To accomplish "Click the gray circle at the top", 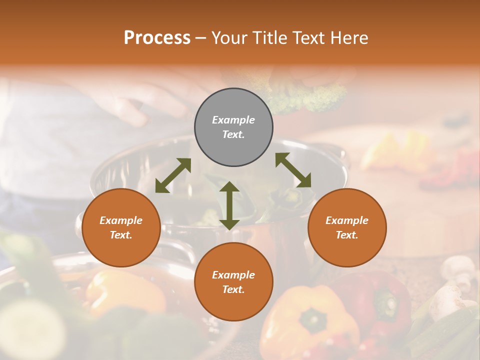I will (x=233, y=127).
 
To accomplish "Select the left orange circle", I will (x=121, y=228).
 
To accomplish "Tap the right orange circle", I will (x=347, y=228).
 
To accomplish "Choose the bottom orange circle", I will (x=233, y=282).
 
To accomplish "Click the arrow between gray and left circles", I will (x=173, y=175).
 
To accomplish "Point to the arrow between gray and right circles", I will (x=293, y=170).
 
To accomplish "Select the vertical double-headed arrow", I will (x=229, y=205).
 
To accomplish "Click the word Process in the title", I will (x=157, y=37).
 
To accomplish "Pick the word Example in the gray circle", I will (x=233, y=120).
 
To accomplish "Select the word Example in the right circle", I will (x=347, y=220).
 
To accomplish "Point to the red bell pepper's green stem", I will (x=385, y=300).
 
